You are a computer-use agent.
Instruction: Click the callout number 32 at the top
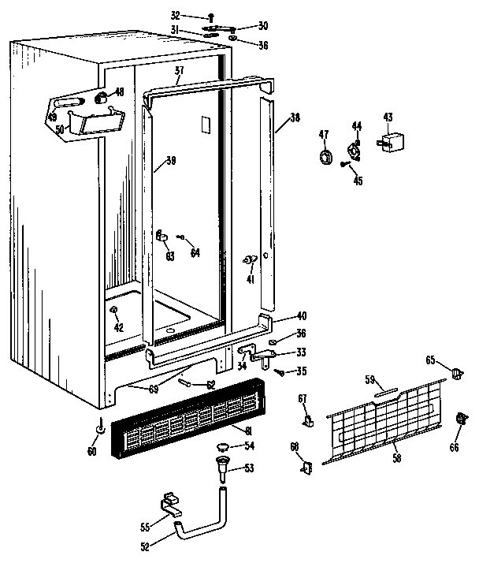pyautogui.click(x=175, y=15)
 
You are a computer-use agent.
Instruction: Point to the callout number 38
pyautogui.click(x=295, y=118)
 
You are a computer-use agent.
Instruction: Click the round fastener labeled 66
pyautogui.click(x=459, y=418)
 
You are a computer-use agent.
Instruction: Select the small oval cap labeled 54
pyautogui.click(x=223, y=448)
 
